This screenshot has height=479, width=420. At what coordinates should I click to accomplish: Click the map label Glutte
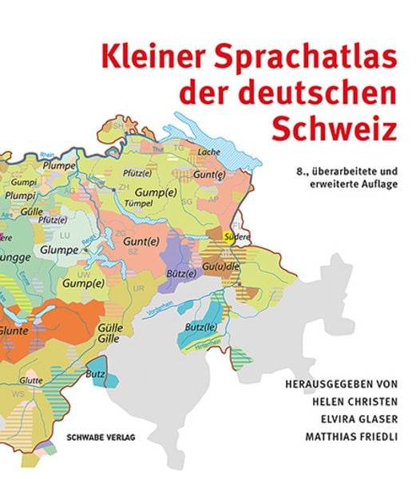(x=33, y=379)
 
